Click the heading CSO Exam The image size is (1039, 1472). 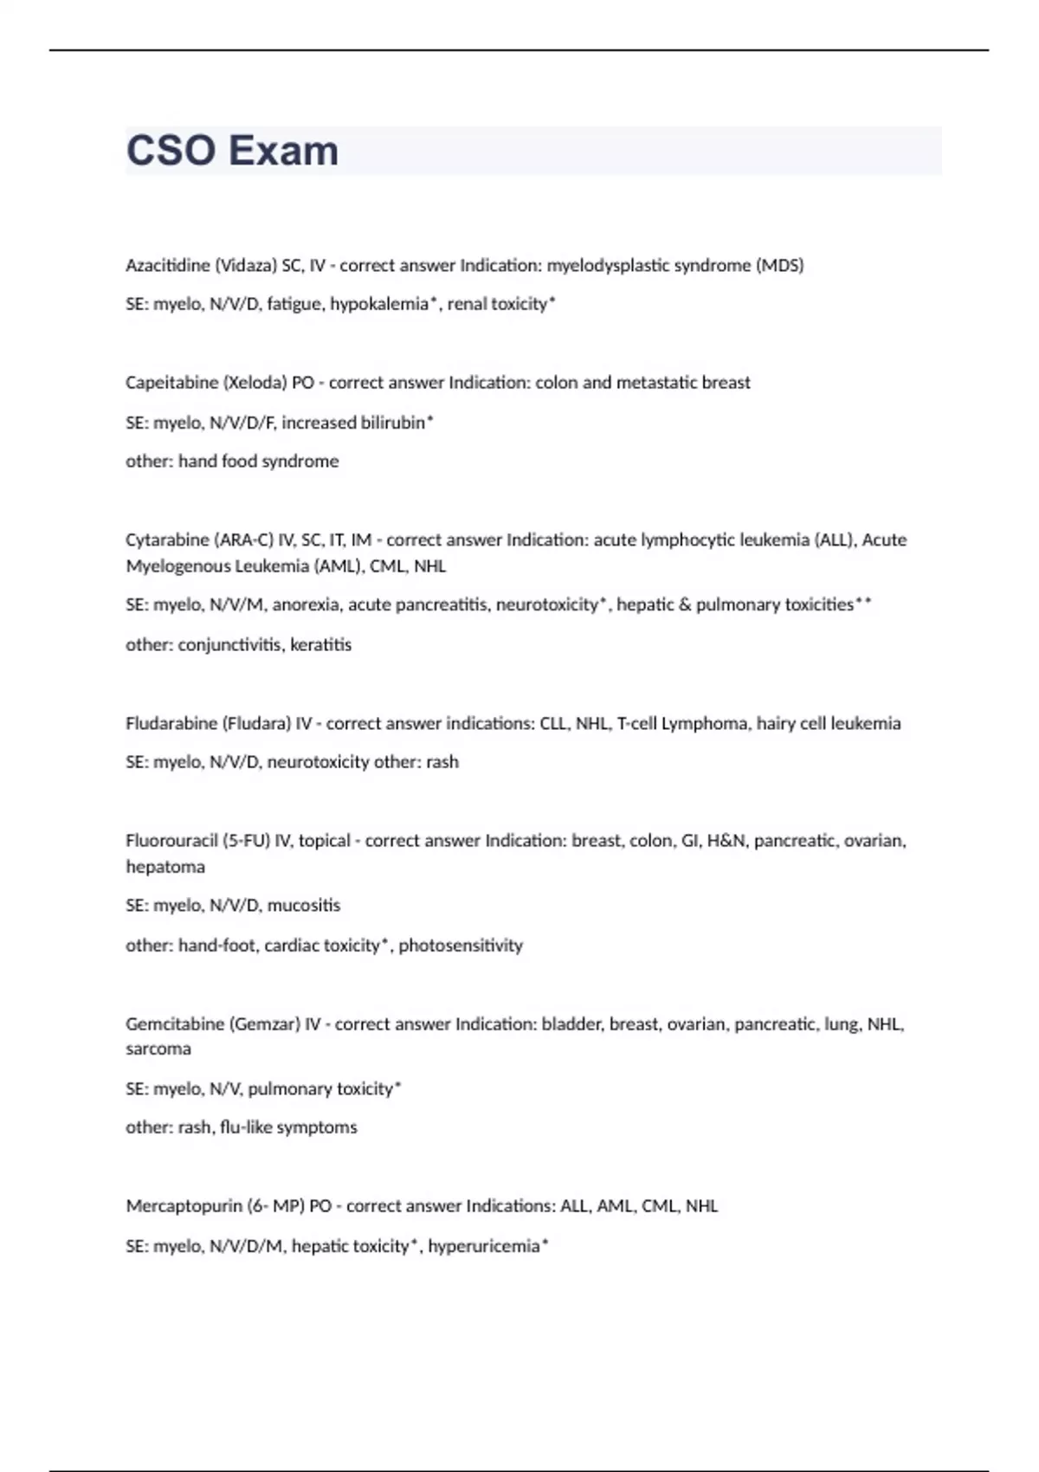232,151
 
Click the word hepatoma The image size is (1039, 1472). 165,867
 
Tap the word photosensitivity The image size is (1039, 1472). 461,946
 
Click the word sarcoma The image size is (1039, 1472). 158,1049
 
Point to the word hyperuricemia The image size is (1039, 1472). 484,1247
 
